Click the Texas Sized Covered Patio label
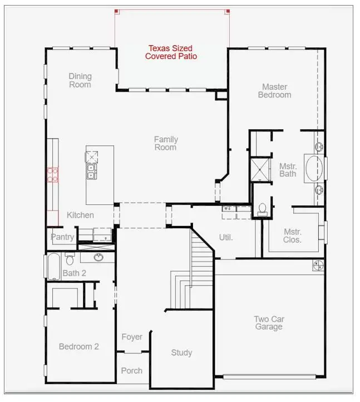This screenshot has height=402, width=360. (x=171, y=52)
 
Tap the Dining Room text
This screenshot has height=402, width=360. (x=80, y=80)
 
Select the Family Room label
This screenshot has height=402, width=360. (x=165, y=143)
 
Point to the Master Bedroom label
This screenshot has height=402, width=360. (x=275, y=91)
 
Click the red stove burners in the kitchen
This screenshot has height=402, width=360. (x=53, y=175)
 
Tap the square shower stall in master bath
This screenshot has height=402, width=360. (x=259, y=170)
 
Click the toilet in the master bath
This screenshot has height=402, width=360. (x=263, y=209)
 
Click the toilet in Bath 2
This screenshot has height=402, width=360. (x=70, y=259)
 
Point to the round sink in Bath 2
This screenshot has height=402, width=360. (x=99, y=257)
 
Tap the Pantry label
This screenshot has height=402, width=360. (x=62, y=237)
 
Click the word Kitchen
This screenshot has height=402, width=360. (x=80, y=215)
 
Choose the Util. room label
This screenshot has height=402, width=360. (x=225, y=237)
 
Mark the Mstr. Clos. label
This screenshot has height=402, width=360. (x=292, y=236)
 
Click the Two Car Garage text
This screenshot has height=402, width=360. (x=269, y=323)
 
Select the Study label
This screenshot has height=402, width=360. (x=181, y=352)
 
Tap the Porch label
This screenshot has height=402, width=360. (x=132, y=370)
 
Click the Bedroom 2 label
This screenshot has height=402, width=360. (x=79, y=346)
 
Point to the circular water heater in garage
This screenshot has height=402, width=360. (x=318, y=265)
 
